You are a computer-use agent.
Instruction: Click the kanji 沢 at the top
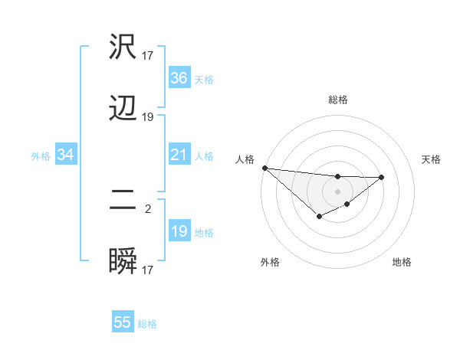[123, 47]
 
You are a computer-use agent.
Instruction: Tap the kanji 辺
[123, 108]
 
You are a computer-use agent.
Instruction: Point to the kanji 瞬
[123, 261]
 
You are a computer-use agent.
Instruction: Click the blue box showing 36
[179, 77]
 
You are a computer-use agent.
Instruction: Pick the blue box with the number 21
[179, 155]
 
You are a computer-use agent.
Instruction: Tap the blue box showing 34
[66, 155]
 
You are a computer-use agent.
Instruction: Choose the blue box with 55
[123, 322]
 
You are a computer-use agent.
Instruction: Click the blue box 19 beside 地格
[179, 231]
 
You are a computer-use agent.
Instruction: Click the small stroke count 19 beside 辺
[148, 117]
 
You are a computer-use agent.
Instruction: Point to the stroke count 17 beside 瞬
[148, 270]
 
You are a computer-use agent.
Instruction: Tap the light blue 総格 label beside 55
[147, 324]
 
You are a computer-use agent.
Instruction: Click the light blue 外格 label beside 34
[41, 155]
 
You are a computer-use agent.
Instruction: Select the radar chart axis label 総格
[338, 100]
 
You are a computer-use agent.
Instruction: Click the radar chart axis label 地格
[402, 262]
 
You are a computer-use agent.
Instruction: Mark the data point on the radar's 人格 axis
[264, 168]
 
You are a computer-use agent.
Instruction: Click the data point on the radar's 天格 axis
[382, 177]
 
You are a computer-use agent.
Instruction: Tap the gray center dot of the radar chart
[338, 191]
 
